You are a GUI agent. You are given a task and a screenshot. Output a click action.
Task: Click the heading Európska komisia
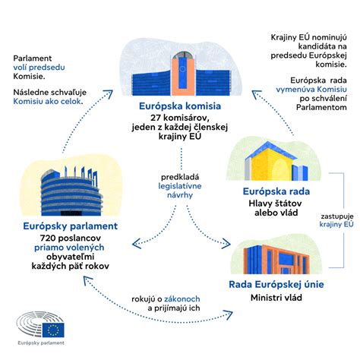pos(179,106)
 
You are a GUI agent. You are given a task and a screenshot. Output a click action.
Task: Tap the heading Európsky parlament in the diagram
pos(71,226)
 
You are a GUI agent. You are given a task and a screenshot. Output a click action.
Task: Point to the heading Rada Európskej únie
pos(277,284)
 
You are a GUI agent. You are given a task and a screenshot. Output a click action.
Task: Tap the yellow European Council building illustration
pos(273,162)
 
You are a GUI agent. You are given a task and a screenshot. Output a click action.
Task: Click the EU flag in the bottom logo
pos(54,330)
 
